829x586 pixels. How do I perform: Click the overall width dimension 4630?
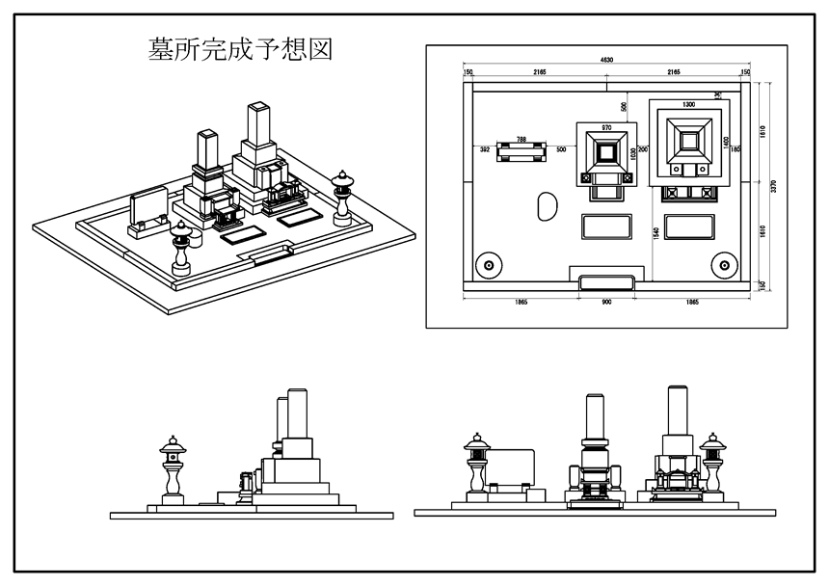[606, 61]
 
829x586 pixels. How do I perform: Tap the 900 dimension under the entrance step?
[606, 303]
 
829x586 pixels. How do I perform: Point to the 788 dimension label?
[521, 140]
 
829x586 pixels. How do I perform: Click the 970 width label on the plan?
[606, 128]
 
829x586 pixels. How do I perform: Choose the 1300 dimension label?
[688, 103]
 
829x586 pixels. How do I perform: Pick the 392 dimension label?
[485, 150]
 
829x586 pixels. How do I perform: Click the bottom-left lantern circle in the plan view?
[489, 265]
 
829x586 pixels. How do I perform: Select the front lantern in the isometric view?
[181, 247]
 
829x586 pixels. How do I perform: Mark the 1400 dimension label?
[725, 143]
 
